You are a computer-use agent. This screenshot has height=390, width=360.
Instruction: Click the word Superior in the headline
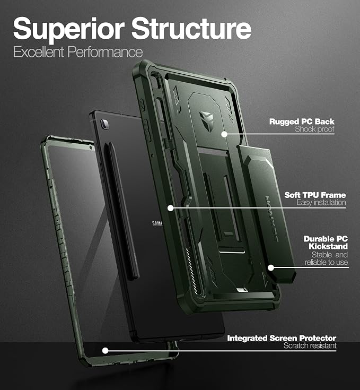(69, 30)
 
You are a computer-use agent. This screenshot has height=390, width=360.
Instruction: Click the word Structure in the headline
(191, 28)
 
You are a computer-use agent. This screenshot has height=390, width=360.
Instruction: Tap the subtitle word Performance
(105, 52)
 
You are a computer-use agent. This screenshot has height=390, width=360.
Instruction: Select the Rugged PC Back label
(302, 122)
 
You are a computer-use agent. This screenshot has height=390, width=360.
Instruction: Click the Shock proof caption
(314, 129)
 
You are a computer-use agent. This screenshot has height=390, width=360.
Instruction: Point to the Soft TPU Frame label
(315, 195)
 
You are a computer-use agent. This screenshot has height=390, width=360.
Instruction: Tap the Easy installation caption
(321, 203)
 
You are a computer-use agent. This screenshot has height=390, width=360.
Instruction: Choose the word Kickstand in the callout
(328, 247)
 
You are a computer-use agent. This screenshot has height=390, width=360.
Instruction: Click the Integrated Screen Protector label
(282, 339)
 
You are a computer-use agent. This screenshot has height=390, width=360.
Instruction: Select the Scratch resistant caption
(310, 346)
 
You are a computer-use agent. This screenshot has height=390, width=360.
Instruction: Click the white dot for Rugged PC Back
(224, 134)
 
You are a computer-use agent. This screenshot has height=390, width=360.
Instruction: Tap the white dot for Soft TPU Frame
(170, 208)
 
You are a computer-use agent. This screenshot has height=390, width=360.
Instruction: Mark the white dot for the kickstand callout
(271, 268)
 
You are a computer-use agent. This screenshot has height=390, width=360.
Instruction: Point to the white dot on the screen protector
(106, 351)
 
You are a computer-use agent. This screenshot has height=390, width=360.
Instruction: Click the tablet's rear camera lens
(104, 124)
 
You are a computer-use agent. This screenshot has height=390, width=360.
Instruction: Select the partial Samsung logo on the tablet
(157, 223)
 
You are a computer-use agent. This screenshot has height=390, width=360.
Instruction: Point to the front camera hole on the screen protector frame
(91, 148)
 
